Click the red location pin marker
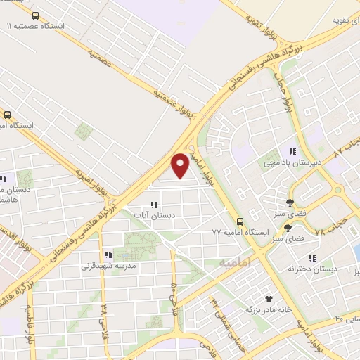click(181, 165)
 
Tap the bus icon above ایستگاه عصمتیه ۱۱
click(36, 14)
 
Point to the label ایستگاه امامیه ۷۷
click(241, 231)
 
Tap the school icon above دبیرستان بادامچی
click(292, 151)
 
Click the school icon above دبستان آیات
click(154, 205)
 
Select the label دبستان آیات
click(155, 216)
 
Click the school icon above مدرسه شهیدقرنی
click(108, 255)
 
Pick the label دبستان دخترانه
click(312, 269)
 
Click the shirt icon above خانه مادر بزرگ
click(268, 298)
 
